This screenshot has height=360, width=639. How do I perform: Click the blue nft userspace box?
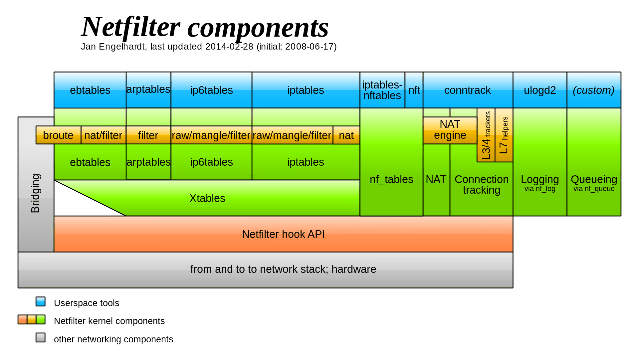coord(414,90)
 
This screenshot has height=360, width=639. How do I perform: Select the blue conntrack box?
coord(467,90)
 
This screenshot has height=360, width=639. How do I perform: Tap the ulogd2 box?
coord(539,90)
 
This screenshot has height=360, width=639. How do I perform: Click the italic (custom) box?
coord(593,90)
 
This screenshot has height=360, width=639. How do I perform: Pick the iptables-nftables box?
coord(382,90)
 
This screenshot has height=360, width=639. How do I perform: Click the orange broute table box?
coord(58,135)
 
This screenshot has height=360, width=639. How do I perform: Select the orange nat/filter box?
coord(103,135)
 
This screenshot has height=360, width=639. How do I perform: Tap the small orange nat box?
coord(346,135)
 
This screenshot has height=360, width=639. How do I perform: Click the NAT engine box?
coord(450,130)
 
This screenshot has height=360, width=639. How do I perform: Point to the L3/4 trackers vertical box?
coord(486,135)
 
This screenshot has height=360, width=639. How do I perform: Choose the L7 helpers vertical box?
coord(504,135)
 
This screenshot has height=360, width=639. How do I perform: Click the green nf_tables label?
coord(391,179)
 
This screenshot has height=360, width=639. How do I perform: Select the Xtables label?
coord(207,198)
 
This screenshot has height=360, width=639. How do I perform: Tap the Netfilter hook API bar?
coord(283,234)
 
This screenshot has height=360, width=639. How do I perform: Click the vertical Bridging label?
coord(36,193)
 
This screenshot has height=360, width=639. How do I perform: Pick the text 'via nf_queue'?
coord(594,189)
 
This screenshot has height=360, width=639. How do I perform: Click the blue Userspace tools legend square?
coord(40,301)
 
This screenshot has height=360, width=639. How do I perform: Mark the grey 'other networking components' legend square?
coord(40,338)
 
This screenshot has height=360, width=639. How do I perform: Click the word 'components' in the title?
coord(258,28)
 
